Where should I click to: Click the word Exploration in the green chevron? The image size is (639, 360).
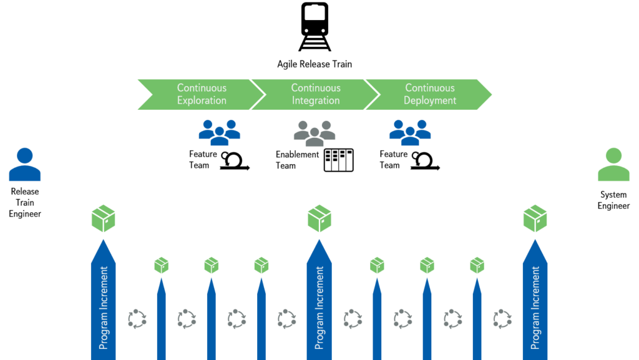point(201,100)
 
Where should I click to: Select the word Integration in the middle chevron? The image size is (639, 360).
point(316,100)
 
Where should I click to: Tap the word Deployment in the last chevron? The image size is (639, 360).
point(430,100)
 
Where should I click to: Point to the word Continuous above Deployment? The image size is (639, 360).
point(430,88)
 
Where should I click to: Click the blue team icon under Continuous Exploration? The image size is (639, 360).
point(220,132)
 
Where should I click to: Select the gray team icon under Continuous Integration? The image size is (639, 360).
point(315,133)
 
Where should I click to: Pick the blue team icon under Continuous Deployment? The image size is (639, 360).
point(410,132)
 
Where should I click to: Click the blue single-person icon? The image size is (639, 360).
point(25,165)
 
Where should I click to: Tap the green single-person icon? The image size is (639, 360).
point(614,165)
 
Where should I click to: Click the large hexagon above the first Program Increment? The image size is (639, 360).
point(104,218)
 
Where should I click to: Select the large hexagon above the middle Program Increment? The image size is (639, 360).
point(319,218)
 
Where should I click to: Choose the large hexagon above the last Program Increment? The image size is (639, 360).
point(535,218)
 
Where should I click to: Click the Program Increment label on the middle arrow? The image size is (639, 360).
point(319,308)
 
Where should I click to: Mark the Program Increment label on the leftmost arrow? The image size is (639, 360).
point(104,308)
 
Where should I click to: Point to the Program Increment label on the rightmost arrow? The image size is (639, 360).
point(535,308)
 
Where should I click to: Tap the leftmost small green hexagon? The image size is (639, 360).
point(162,265)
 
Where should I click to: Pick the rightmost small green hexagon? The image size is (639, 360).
point(477,265)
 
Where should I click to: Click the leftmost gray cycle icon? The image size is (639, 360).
point(137,319)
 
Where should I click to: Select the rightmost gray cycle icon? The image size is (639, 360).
point(502,319)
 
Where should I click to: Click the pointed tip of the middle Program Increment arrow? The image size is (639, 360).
point(319,241)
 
